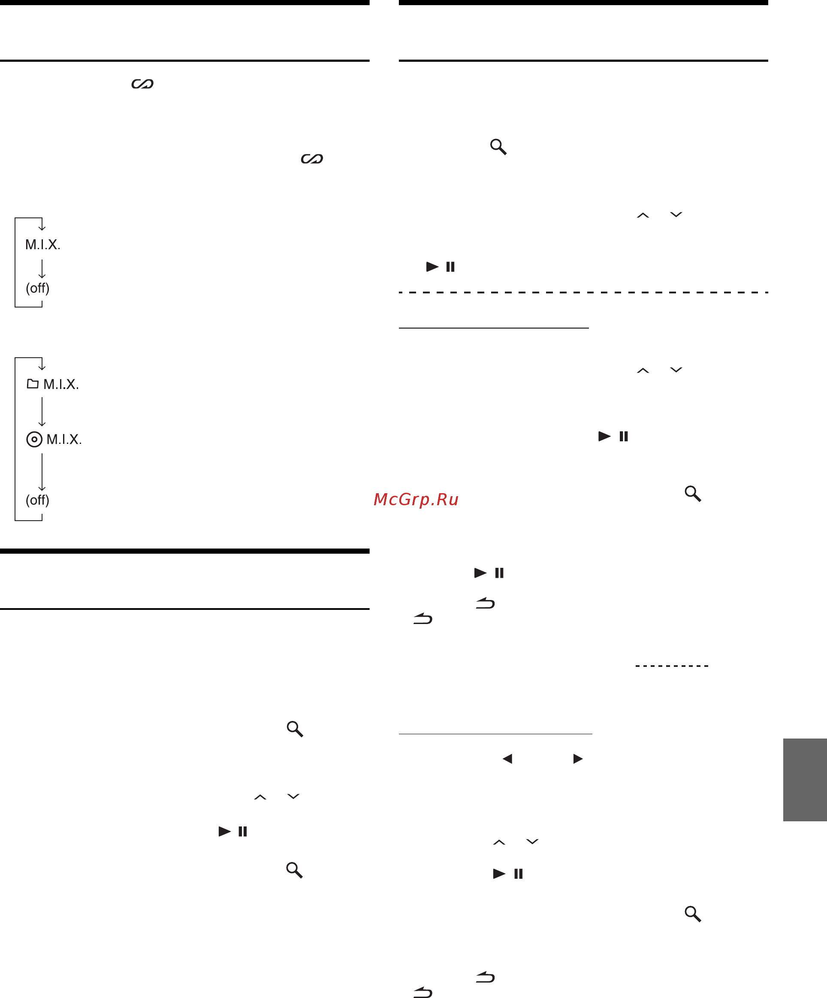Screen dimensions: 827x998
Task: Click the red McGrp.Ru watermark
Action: click(416, 500)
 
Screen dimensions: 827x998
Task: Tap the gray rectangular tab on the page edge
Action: click(805, 780)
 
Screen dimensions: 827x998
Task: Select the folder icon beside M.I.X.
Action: click(33, 383)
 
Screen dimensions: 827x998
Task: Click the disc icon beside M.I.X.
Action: click(34, 439)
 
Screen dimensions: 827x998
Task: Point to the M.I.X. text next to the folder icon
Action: click(61, 384)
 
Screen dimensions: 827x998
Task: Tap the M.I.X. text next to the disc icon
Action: click(64, 439)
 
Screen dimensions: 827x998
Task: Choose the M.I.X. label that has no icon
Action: click(43, 244)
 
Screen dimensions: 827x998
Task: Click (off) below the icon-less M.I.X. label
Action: click(38, 288)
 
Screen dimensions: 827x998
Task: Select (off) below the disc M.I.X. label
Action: click(38, 500)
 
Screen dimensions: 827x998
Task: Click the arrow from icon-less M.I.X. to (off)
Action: click(42, 268)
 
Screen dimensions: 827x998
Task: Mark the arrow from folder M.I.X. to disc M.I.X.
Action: click(42, 412)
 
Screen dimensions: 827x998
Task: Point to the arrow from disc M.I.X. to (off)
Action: click(42, 472)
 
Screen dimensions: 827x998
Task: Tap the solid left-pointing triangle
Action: click(507, 759)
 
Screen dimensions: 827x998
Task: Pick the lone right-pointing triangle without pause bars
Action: click(578, 759)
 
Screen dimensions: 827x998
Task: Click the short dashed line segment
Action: click(672, 666)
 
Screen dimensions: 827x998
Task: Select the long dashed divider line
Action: click(584, 292)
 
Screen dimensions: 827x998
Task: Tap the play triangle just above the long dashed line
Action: click(432, 267)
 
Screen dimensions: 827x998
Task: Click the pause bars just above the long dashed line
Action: click(450, 267)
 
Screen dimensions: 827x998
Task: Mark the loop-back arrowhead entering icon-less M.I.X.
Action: click(42, 228)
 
